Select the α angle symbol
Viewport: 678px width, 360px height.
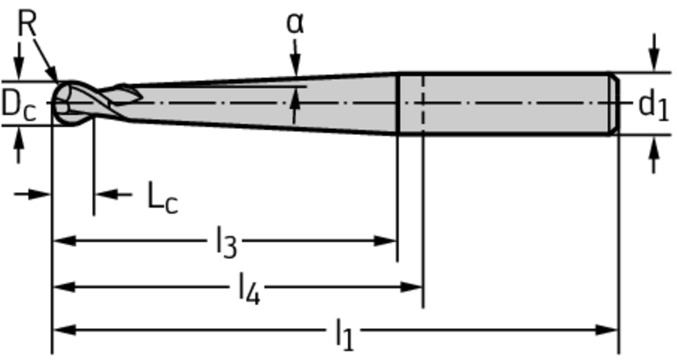tap(295, 23)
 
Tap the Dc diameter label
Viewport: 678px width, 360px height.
tap(18, 105)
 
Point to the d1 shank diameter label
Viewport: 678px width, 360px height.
tap(654, 106)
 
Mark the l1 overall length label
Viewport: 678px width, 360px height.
tap(344, 335)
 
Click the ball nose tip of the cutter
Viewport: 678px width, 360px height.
tap(53, 103)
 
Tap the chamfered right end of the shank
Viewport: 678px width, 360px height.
tap(614, 104)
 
